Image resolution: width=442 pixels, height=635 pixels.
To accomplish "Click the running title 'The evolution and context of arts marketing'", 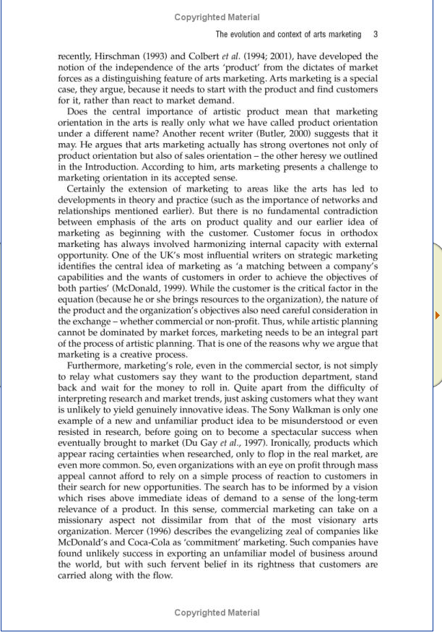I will [288, 34].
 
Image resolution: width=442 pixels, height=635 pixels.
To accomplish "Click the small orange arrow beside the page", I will [437, 315].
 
